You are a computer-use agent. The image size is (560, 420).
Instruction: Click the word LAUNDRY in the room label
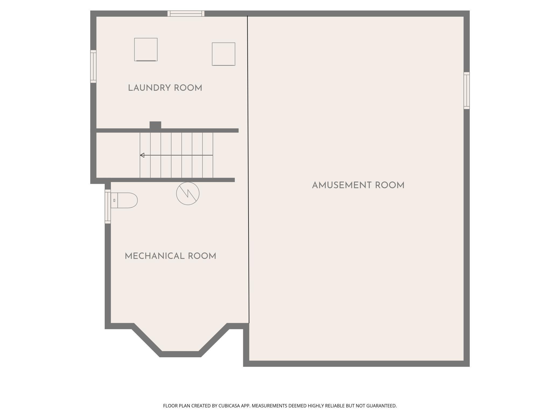(x=149, y=88)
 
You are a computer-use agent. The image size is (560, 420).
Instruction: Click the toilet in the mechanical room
(x=124, y=200)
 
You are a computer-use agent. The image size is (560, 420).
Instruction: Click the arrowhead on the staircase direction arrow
(x=142, y=155)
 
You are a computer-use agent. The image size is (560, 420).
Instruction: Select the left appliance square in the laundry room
(x=146, y=50)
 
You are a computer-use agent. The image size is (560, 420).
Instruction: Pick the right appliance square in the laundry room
(x=223, y=54)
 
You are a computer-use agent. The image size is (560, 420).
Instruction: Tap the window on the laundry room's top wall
(x=186, y=13)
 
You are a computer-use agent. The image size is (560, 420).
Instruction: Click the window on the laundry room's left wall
(x=93, y=66)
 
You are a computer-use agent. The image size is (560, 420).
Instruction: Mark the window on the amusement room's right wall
(x=467, y=90)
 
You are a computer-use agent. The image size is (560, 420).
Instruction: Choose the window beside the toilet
(x=108, y=206)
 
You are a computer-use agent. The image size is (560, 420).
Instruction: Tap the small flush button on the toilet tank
(x=114, y=200)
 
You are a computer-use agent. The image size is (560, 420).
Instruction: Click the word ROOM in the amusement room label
(x=390, y=185)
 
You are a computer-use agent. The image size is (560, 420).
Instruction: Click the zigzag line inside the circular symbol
(x=188, y=193)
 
